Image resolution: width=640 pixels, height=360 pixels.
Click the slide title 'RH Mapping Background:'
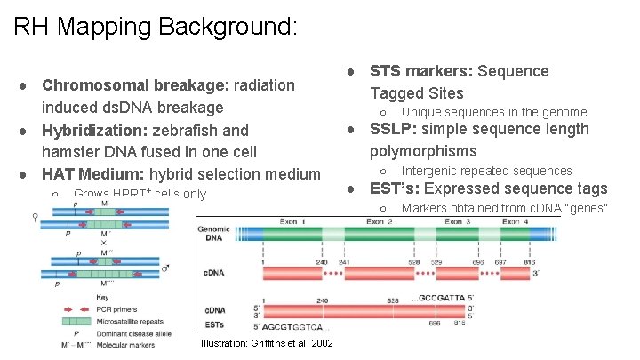[155, 26]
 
